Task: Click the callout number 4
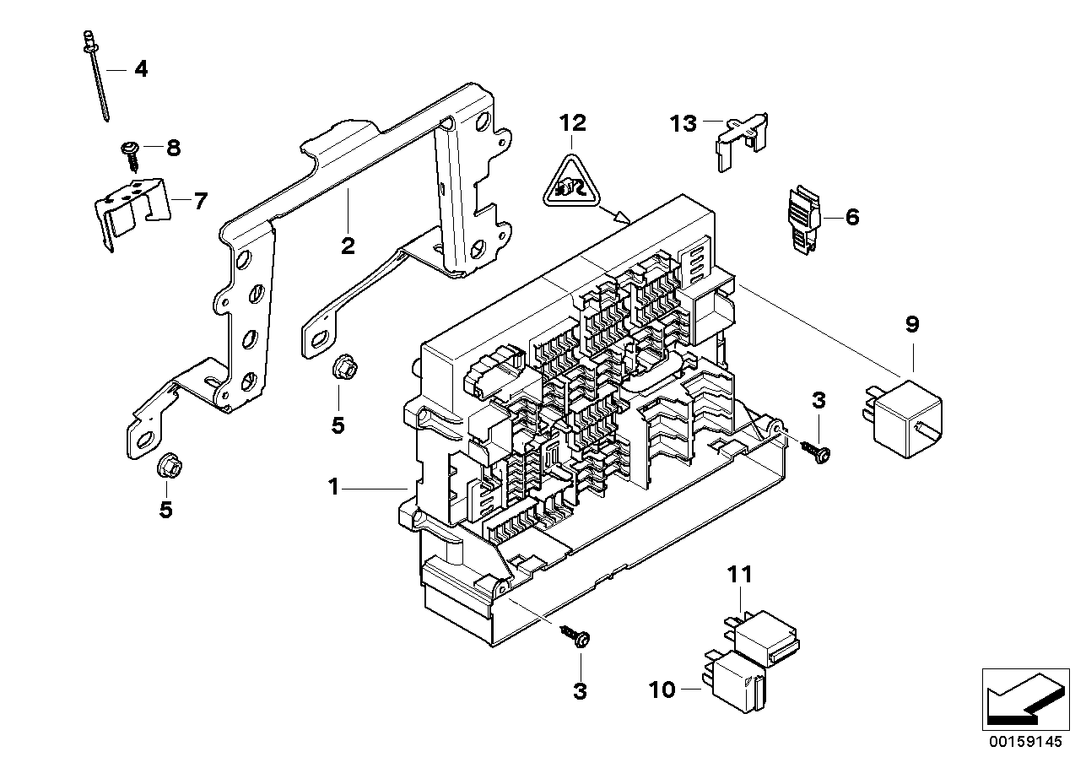[141, 69]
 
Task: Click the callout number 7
[200, 202]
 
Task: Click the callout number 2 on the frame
[347, 246]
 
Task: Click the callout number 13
[684, 124]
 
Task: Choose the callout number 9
[912, 324]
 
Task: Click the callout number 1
[333, 487]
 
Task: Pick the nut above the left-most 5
[166, 465]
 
